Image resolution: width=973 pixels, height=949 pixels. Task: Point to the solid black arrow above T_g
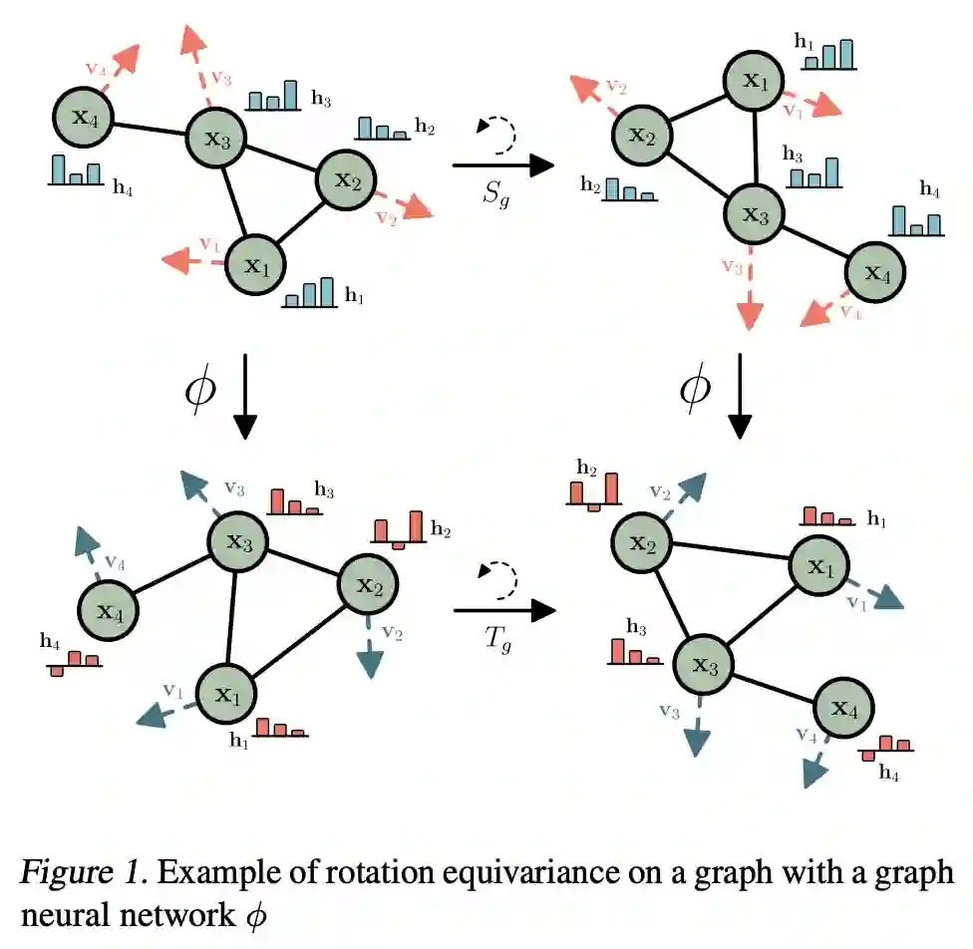pyautogui.click(x=502, y=609)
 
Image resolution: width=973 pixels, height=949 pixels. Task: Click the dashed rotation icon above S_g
pyautogui.click(x=498, y=133)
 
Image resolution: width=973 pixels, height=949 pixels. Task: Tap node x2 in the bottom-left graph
pyautogui.click(x=369, y=586)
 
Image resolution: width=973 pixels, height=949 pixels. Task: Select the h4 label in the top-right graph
pyautogui.click(x=929, y=187)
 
